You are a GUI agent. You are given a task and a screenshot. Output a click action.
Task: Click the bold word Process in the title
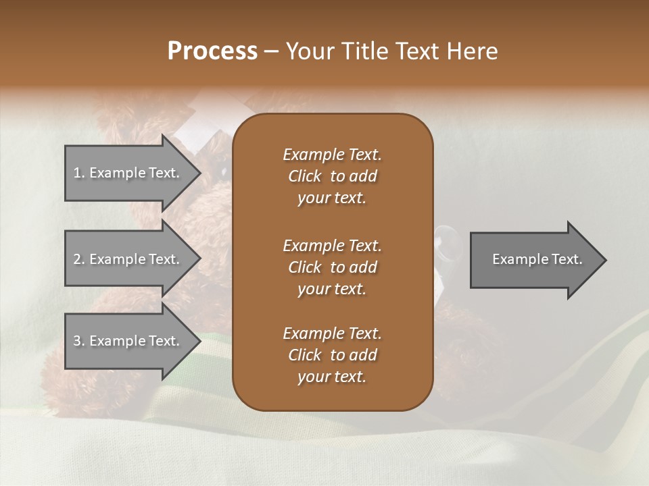[x=212, y=51]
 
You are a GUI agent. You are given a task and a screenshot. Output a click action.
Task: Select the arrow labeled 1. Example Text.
[x=128, y=173]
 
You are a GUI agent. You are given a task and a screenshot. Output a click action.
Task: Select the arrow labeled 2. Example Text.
[x=128, y=259]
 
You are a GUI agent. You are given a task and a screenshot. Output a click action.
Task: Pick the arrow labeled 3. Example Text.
[x=128, y=341]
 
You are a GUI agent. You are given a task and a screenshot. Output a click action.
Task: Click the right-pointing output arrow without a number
[x=534, y=259]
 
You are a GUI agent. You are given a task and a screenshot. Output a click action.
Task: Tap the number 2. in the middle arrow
[x=79, y=259]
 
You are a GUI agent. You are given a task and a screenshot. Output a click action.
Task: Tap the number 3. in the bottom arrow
[x=79, y=341]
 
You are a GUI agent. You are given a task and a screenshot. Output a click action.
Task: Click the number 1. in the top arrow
[x=79, y=173]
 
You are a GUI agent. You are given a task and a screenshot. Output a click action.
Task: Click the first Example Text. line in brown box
[x=332, y=155]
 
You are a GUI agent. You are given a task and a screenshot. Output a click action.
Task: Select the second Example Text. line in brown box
[x=332, y=245]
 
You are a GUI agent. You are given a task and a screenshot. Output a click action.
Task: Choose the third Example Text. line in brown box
[x=332, y=333]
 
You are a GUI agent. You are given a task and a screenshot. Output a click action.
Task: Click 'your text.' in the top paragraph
[x=332, y=198]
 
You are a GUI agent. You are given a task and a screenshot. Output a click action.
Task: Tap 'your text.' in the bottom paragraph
[x=332, y=377]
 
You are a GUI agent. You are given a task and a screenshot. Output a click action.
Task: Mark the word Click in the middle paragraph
[x=305, y=267]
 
